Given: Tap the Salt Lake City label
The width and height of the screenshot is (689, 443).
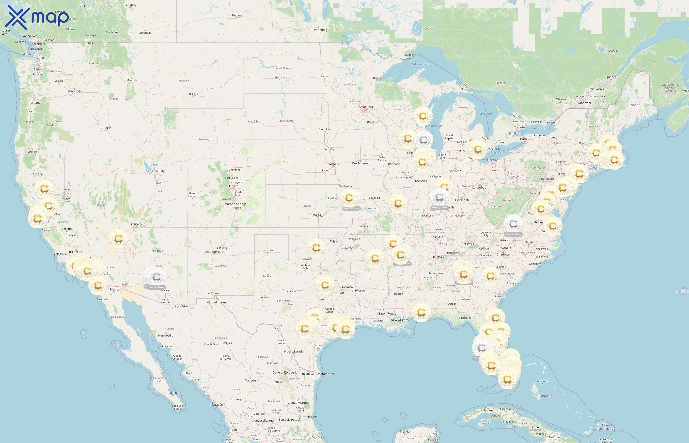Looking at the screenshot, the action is point(155,171).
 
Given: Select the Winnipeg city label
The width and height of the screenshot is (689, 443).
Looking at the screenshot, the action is point(320,30).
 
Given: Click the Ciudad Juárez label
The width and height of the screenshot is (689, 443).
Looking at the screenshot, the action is point(217,302).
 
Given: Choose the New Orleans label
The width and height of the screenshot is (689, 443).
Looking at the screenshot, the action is point(399,320).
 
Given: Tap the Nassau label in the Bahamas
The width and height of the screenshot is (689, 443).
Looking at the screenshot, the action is point(542,381).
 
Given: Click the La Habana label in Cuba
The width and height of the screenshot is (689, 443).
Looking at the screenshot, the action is point(486,411).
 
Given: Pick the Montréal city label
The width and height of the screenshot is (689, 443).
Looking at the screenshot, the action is point(584,103).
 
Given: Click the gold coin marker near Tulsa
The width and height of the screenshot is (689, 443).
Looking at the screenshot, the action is point(316,248).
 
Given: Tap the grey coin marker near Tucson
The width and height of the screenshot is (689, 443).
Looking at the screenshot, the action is point(156,277).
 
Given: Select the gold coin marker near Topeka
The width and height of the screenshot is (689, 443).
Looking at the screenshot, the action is point(349,198).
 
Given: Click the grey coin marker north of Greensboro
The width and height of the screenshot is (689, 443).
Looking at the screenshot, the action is point(513,223).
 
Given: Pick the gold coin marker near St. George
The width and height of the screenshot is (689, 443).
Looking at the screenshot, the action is point(118,239).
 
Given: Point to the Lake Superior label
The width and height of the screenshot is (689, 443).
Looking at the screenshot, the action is point(421,64).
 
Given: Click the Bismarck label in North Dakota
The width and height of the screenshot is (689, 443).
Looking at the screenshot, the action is point(280,78).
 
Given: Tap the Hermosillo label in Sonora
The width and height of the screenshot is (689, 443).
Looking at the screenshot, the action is point(166,336).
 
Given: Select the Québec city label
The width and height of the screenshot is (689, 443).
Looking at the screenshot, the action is point(611,77).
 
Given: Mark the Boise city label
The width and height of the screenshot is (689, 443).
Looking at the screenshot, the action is point(107,128).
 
